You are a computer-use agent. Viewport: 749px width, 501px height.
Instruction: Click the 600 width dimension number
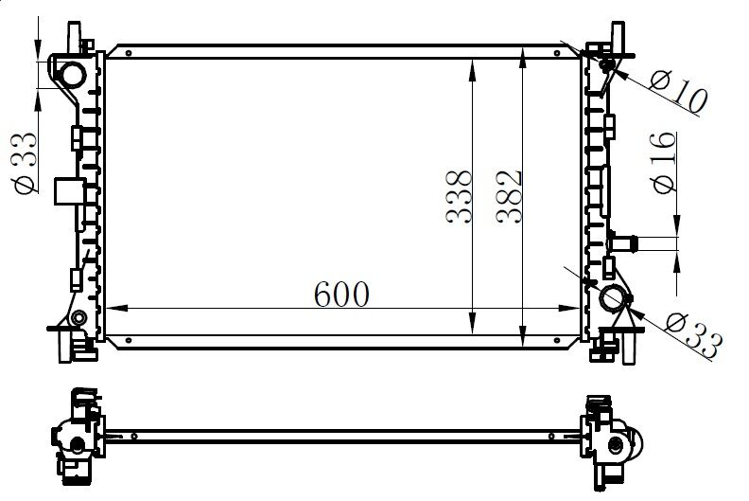[342, 294]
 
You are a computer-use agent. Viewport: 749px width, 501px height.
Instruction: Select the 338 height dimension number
[460, 197]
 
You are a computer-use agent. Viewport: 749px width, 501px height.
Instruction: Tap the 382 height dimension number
[511, 197]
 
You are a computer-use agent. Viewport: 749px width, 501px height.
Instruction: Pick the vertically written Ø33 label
[26, 162]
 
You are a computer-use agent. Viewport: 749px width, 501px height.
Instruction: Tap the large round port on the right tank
[613, 299]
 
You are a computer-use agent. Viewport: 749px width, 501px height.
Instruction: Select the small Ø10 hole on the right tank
[606, 63]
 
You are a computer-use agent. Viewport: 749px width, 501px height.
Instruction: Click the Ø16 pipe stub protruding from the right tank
[625, 242]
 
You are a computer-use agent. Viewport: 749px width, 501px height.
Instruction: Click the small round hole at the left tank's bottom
[79, 316]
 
